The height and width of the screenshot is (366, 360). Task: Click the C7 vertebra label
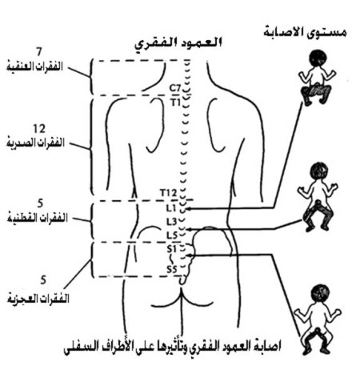[175, 88]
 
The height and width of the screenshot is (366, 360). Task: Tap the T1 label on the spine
[176, 103]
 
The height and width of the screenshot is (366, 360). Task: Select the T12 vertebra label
[168, 192]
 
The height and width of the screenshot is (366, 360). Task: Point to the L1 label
[171, 208]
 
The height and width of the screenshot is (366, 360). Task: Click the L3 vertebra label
[172, 222]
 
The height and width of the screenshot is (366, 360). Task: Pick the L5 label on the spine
[172, 235]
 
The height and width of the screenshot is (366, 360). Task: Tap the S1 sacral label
[172, 249]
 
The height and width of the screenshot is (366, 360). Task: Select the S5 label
[172, 269]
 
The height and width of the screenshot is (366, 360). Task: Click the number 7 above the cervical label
[39, 51]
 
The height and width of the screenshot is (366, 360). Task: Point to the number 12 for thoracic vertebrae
[39, 129]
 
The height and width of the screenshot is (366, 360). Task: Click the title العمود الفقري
[178, 43]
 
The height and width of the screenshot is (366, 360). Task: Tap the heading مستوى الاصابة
[306, 32]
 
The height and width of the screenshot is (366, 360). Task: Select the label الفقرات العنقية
[34, 66]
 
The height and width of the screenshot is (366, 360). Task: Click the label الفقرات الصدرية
[35, 143]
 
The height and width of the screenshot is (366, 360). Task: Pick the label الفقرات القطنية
[37, 218]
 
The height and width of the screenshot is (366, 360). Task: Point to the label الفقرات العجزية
[38, 298]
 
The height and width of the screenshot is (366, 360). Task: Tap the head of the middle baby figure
[319, 171]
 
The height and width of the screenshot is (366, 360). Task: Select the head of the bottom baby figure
[321, 294]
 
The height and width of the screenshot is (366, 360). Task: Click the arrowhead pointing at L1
[187, 209]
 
